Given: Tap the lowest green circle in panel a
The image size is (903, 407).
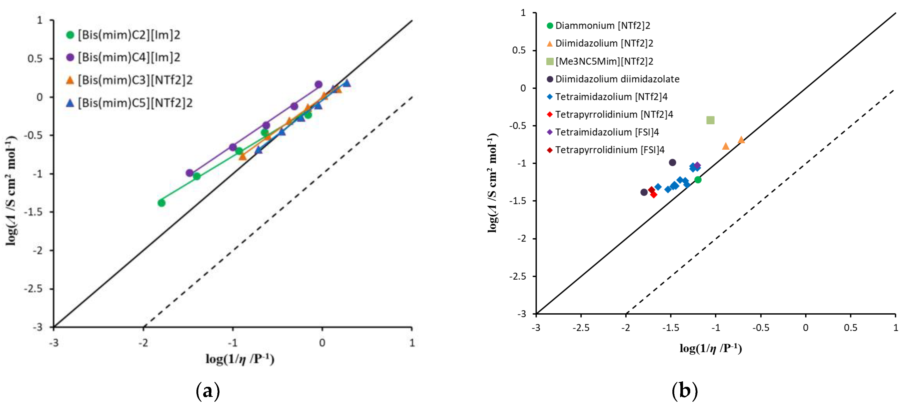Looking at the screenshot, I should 161,203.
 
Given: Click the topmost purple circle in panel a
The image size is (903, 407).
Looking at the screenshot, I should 318,84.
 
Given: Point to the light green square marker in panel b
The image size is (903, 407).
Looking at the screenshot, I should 710,120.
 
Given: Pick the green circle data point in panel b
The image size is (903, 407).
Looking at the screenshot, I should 698,179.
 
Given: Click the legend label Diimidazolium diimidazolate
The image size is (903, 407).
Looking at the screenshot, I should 617,79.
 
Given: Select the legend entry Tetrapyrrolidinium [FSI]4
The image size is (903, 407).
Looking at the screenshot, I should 610,150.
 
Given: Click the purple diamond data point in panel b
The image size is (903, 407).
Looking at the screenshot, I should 697,165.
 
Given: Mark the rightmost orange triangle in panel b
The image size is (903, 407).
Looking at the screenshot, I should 741,140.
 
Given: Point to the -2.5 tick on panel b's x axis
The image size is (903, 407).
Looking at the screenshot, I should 581,328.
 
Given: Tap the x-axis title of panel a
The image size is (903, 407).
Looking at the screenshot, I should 240,359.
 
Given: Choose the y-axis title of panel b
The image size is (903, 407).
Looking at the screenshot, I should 493,182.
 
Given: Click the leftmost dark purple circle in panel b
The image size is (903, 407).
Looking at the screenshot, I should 644,192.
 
